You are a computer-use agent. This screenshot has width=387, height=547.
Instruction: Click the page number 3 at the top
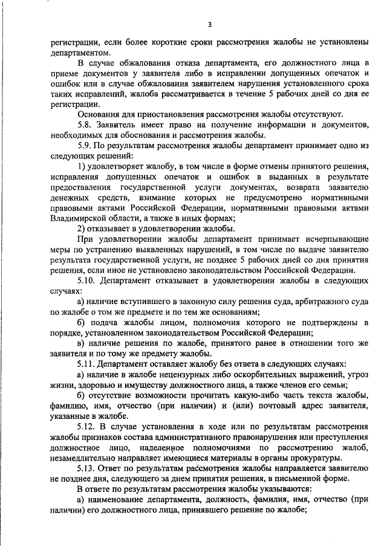pyautogui.click(x=209, y=24)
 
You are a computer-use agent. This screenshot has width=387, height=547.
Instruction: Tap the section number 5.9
pyautogui.click(x=85, y=146)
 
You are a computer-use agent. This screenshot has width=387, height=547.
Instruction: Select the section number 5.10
pyautogui.click(x=88, y=281)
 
